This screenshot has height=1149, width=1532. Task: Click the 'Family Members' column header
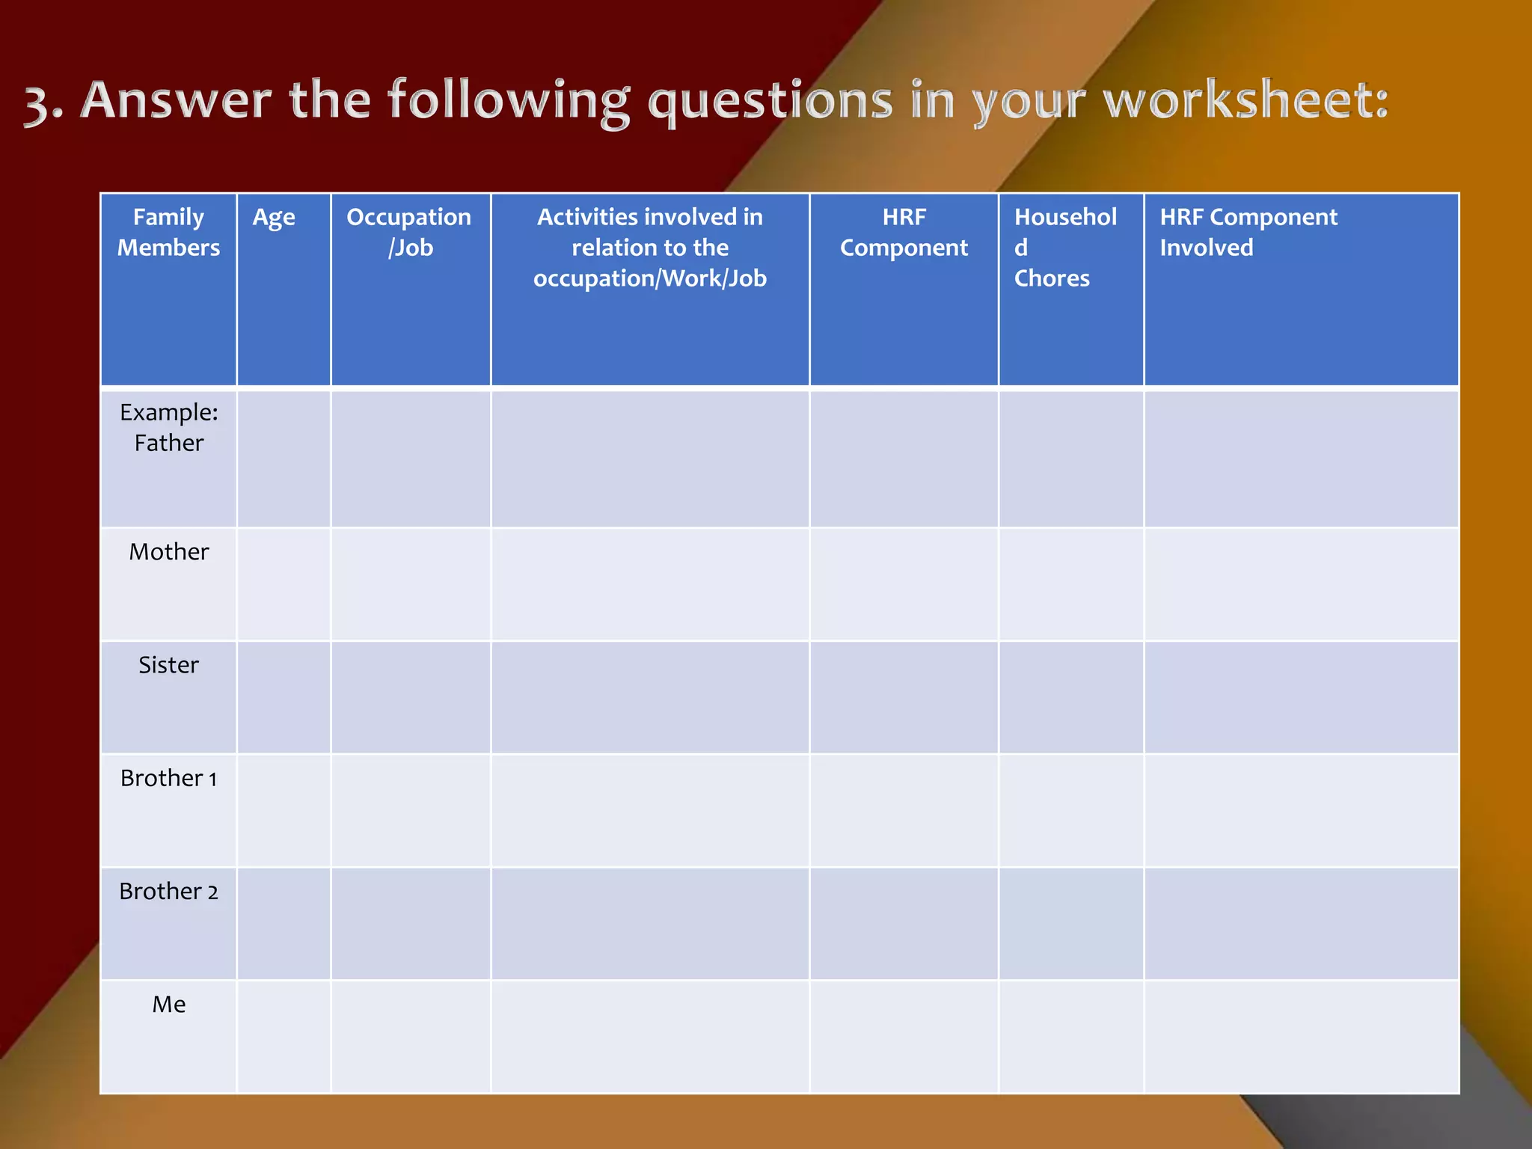(x=168, y=232)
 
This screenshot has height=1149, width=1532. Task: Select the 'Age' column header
(x=274, y=218)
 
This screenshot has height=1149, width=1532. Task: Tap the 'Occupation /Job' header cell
(x=409, y=232)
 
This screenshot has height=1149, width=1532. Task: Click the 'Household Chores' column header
(x=1064, y=247)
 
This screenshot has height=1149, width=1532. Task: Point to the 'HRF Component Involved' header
(x=1248, y=232)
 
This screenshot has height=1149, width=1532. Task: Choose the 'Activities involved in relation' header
(x=649, y=247)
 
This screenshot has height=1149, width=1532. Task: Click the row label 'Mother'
(x=169, y=552)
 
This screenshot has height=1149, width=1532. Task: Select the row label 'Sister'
(x=169, y=665)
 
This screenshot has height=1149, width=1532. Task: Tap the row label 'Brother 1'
(x=169, y=779)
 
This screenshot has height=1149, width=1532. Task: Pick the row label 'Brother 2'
(x=169, y=892)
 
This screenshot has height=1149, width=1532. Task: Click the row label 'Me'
(x=169, y=1005)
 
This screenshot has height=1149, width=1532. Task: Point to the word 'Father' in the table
(x=169, y=444)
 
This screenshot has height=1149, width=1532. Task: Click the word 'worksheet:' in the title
(x=1245, y=100)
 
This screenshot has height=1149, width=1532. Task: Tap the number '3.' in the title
(x=43, y=102)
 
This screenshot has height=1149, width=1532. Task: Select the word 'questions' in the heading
(x=770, y=102)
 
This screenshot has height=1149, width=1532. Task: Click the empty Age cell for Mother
(x=284, y=584)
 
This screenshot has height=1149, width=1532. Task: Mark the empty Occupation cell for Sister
(x=411, y=697)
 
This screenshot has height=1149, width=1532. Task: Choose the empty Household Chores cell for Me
(x=1071, y=1037)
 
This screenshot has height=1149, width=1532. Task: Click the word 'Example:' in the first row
(x=169, y=412)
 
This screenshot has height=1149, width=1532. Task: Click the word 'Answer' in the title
(x=176, y=100)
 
